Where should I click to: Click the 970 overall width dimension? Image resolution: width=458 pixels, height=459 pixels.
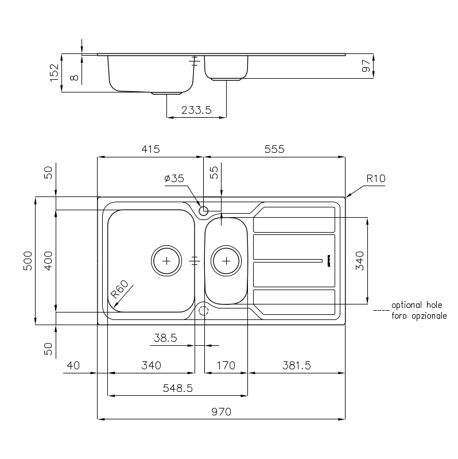221,411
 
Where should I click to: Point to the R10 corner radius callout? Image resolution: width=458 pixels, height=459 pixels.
376,179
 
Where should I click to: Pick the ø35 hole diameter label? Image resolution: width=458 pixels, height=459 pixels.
174,179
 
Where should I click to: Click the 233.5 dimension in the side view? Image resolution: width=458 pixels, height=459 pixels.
196,110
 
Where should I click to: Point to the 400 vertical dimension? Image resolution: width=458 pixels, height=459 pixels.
48,261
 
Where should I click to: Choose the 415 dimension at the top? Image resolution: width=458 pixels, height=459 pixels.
150,149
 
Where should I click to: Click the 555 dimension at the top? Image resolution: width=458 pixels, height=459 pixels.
274,149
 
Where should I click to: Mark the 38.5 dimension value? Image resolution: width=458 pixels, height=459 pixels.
165,338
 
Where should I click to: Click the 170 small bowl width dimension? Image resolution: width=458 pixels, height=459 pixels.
226,365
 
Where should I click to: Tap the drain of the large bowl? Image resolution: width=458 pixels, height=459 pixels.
166,260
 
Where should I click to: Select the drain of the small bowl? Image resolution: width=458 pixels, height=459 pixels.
226,260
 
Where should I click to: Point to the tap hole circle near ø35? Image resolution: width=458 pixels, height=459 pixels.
204,210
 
